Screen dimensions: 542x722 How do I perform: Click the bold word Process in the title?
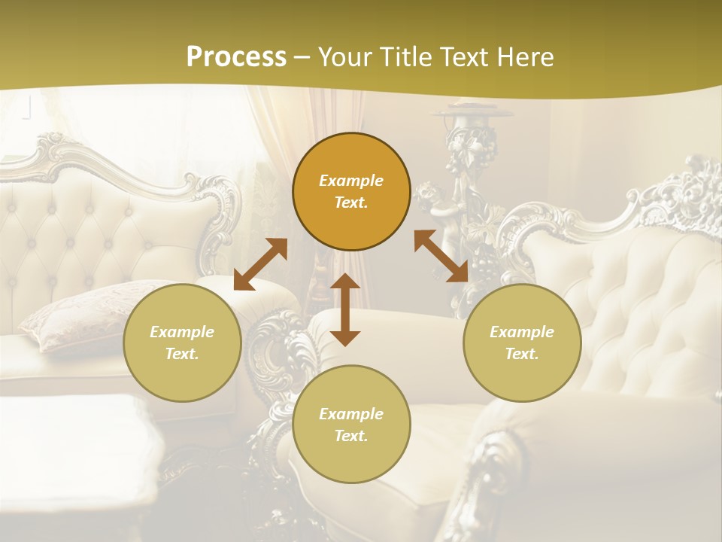tap(236, 57)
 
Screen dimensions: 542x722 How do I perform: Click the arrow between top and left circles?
tap(260, 264)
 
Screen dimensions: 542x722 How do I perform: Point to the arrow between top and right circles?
tap(441, 256)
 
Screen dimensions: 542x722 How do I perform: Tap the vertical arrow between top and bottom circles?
tap(345, 309)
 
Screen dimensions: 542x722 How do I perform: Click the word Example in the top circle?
tap(351, 181)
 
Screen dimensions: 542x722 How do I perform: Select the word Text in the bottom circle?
tap(350, 436)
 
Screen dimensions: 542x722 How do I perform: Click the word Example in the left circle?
tap(182, 332)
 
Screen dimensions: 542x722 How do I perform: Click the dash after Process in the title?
tap(302, 57)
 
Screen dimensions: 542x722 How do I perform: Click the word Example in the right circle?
tap(522, 332)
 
